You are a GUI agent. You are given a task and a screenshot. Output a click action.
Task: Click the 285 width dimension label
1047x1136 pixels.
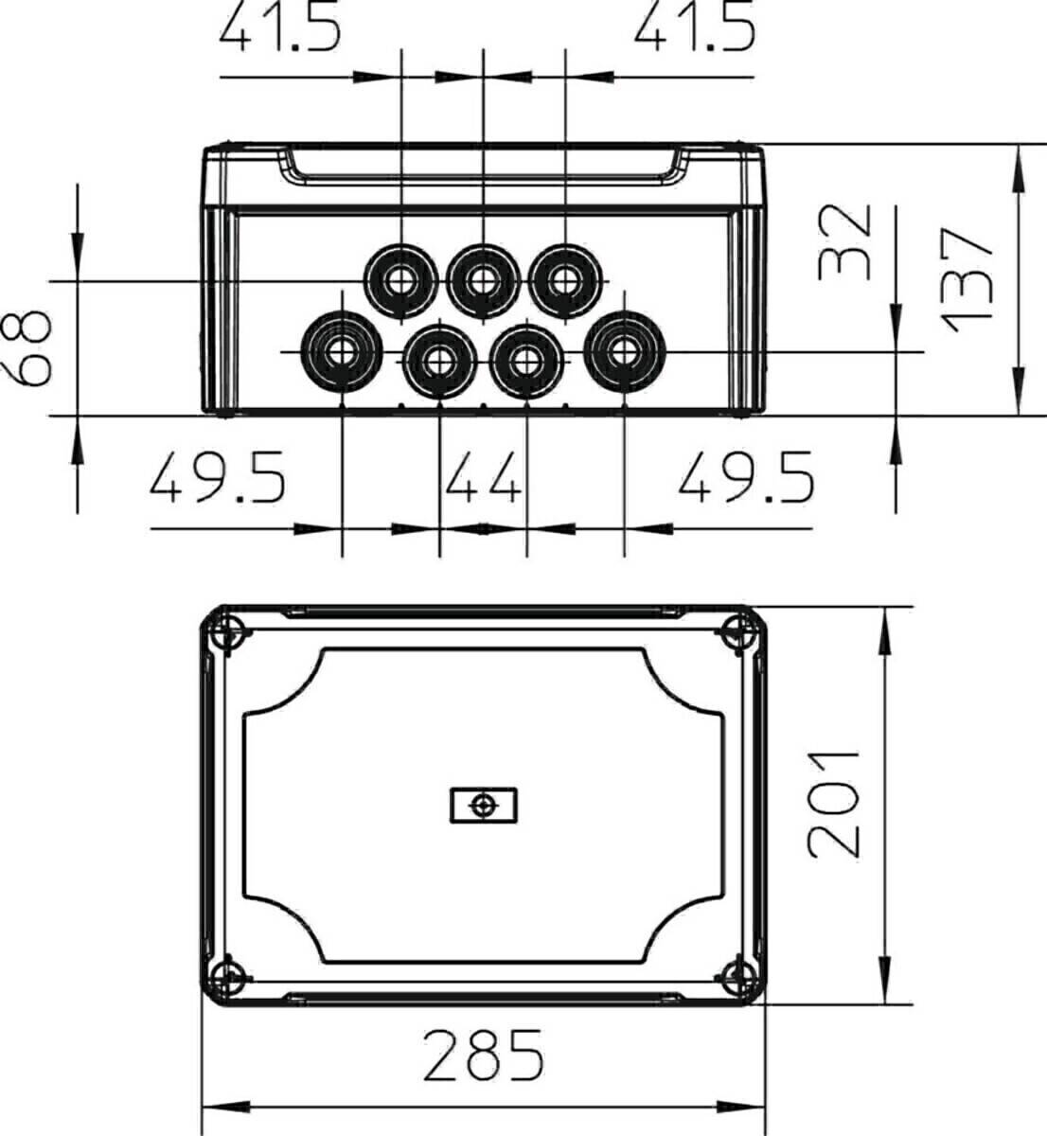[x=484, y=1055]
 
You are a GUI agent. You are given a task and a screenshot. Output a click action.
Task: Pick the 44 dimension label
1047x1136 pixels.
[x=483, y=477]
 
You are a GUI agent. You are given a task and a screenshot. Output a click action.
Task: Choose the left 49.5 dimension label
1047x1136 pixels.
[x=218, y=477]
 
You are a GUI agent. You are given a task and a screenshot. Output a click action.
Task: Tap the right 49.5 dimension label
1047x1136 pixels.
[x=746, y=477]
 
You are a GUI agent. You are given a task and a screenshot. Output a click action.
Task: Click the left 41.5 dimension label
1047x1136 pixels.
[x=280, y=27]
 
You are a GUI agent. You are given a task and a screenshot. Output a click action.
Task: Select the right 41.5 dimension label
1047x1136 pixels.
[x=695, y=27]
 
